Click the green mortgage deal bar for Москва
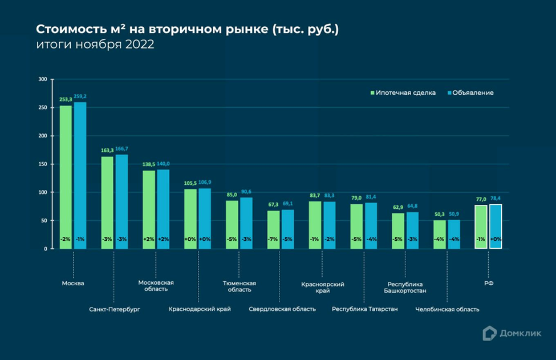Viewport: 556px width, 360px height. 66,177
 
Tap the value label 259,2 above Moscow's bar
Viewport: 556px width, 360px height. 80,96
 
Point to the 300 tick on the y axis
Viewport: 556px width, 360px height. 42,79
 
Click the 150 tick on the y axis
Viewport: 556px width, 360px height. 42,164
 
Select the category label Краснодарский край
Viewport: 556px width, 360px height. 200,309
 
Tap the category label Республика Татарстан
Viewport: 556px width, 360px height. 365,309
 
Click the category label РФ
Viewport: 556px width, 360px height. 489,282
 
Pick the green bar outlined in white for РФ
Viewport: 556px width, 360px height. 481,226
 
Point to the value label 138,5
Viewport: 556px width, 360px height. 149,164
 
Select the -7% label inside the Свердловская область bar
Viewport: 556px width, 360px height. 273,240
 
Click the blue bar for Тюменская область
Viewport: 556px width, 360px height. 246,223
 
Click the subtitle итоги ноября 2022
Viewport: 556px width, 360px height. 95,46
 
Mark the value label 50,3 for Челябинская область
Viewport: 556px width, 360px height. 439,214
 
